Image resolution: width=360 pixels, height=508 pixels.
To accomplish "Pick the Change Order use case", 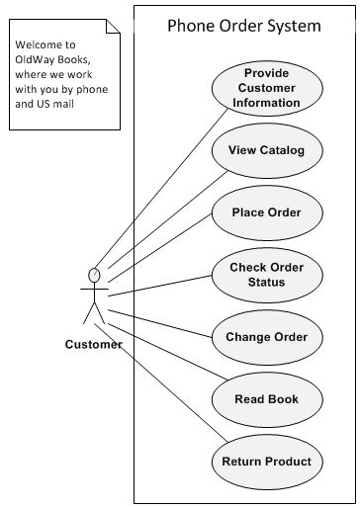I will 266,337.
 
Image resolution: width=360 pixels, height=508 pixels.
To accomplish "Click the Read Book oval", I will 266,399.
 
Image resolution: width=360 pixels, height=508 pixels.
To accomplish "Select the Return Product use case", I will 266,462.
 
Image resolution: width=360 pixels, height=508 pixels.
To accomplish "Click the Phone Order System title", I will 243,26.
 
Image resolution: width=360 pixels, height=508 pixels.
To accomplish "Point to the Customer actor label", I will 94,345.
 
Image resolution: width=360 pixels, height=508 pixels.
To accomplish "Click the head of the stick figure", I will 95,274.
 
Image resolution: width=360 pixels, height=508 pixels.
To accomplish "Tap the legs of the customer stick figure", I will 95,314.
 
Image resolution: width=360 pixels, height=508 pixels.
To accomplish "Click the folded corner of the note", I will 111,31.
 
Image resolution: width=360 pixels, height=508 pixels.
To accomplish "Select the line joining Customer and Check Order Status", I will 158,288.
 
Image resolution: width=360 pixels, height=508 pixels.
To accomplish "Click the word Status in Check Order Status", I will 266,283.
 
